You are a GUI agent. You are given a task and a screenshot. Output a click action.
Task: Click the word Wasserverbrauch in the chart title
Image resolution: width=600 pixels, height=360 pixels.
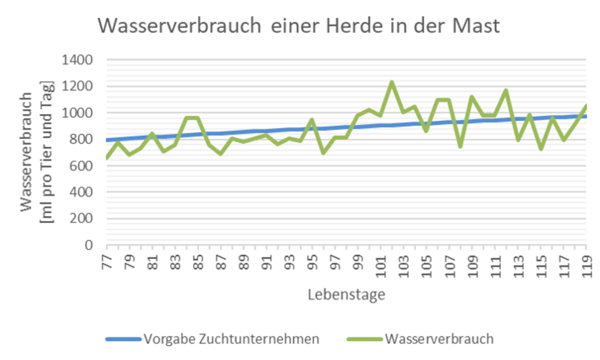coord(179,26)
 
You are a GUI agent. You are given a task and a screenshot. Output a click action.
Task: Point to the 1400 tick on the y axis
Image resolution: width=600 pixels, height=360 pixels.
coord(77,60)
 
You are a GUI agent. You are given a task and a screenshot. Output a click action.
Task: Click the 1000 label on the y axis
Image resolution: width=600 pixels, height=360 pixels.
coord(77,113)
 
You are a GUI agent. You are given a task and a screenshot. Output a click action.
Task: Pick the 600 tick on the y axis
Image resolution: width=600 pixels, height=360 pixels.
coord(80,166)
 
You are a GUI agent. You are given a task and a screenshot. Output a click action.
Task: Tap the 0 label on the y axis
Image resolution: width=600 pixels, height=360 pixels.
coord(88,245)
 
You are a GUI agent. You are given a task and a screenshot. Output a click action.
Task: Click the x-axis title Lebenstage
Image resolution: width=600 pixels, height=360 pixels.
coord(346,294)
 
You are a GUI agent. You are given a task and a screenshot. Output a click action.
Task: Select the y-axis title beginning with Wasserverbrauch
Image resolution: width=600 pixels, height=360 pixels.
coord(38,153)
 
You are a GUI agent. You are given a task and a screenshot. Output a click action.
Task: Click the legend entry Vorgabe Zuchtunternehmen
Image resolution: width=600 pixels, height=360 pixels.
coord(231,339)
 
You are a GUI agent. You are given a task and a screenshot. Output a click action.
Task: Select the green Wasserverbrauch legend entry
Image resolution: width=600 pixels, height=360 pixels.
coord(439,339)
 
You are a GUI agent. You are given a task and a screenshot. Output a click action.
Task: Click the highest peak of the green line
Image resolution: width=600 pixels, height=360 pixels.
coord(392,82)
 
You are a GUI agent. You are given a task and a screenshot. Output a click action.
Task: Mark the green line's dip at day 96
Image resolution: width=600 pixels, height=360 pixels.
coord(323,153)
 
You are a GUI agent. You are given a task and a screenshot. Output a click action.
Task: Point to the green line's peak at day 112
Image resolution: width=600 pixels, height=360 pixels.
coord(506,91)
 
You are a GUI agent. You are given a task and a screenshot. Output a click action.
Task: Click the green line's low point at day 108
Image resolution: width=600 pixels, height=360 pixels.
coord(460,146)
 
